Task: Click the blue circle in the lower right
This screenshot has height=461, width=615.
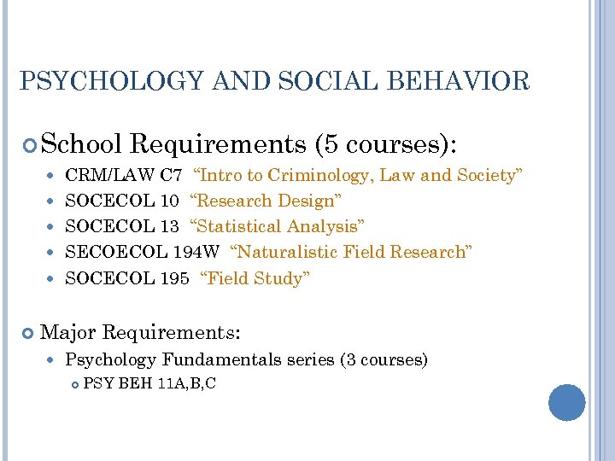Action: coord(567,402)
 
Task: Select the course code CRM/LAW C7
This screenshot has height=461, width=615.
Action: coord(123,176)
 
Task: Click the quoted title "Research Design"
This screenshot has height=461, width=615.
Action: coord(266,201)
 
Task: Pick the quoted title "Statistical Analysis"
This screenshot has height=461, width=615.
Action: coord(277,227)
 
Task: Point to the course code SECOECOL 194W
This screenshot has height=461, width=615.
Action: coord(142,253)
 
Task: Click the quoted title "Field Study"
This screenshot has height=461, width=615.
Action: coord(255,278)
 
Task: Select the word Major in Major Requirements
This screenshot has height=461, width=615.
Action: coord(67,330)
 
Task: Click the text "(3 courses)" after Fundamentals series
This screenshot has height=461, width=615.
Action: coord(384,359)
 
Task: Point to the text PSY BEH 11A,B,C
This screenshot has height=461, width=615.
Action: coord(149,384)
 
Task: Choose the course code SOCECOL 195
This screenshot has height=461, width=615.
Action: coord(126,278)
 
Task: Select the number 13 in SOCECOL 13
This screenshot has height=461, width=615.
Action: coord(169,227)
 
